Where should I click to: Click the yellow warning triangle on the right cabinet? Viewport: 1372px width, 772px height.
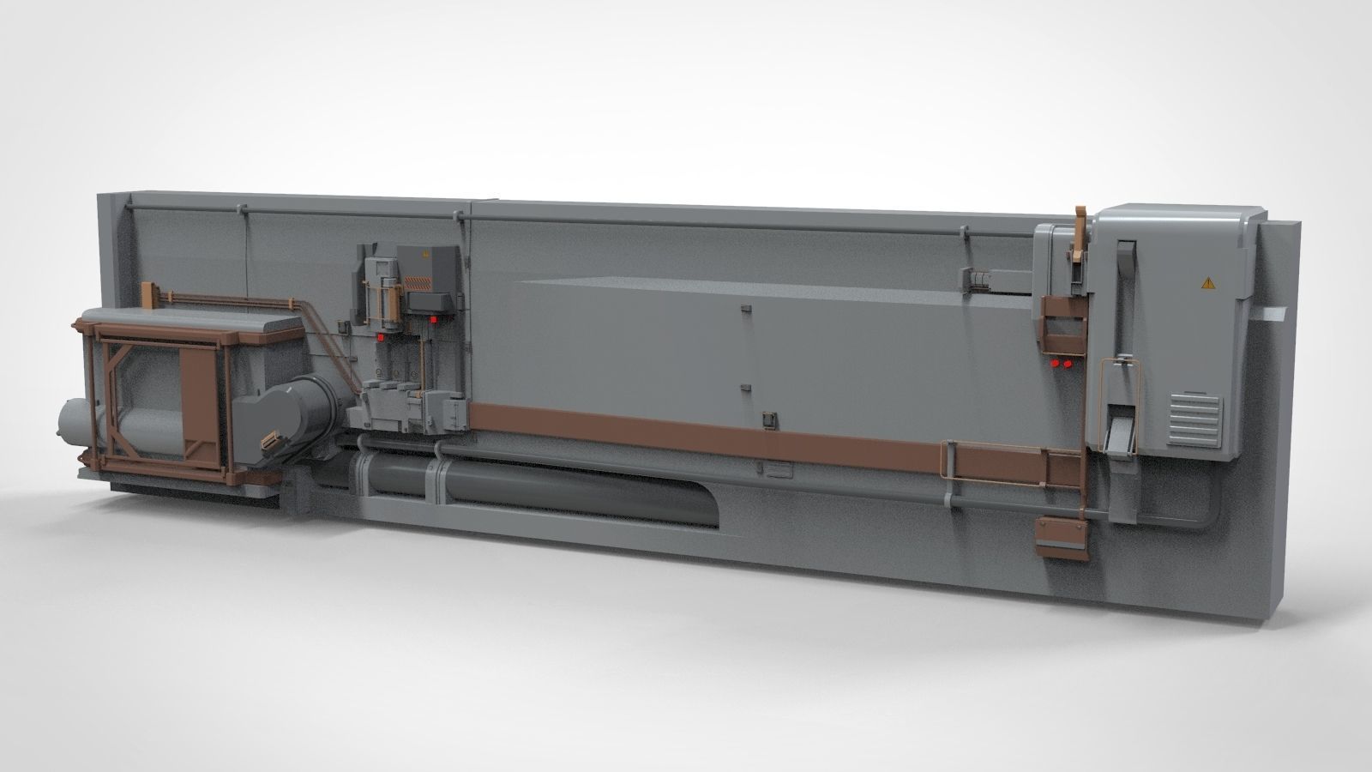pos(1208,281)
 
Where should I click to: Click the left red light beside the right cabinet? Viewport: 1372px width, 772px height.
pos(1055,364)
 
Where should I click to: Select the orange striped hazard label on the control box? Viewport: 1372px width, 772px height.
pos(418,281)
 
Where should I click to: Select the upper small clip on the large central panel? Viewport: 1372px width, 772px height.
pos(744,308)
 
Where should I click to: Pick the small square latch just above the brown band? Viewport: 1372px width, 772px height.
pos(767,419)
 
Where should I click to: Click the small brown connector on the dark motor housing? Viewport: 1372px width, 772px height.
pos(269,443)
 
